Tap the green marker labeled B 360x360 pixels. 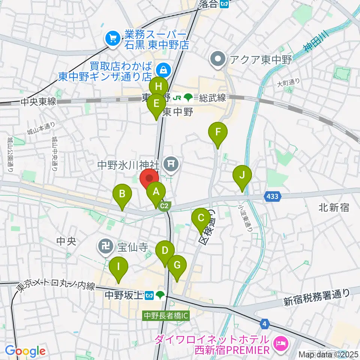click(122, 195)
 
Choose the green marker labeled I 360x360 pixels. click(119, 267)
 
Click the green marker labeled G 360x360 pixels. click(177, 266)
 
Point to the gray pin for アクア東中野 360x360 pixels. click(218, 59)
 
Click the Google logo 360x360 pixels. click(25, 351)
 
